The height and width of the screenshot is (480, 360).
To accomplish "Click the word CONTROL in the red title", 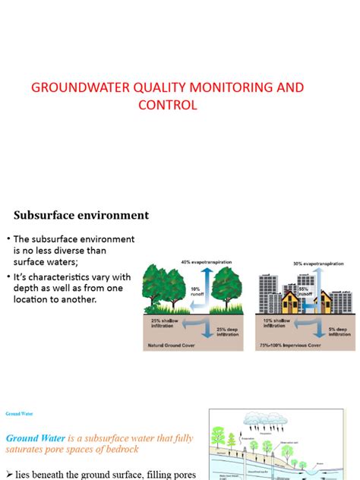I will [x=167, y=105].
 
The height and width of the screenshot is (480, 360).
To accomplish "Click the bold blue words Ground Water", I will [x=36, y=438].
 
